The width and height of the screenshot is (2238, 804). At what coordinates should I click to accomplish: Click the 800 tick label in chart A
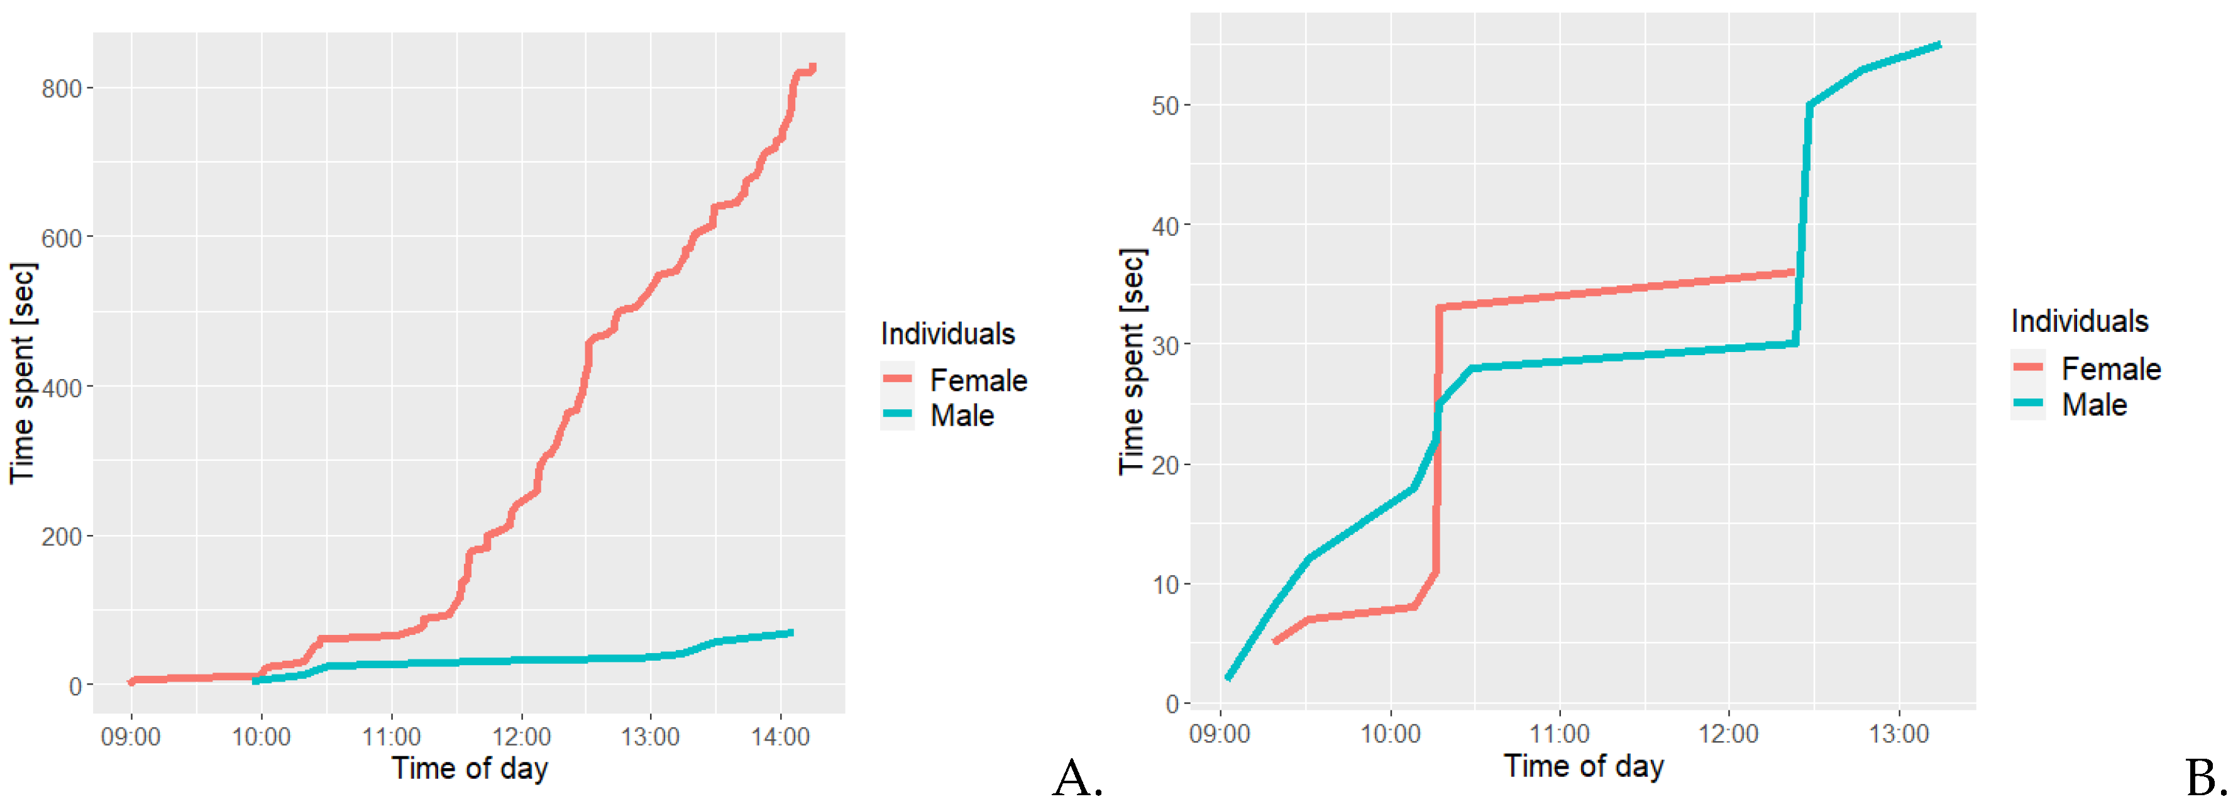coord(61,89)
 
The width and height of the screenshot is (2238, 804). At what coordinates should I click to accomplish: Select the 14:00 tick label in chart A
coord(780,737)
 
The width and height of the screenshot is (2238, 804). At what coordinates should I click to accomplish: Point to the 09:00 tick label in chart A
coord(130,737)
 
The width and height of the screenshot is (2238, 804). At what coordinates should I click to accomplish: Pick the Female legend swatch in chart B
coord(2028,368)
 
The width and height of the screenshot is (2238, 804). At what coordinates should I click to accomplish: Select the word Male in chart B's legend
coord(2094,405)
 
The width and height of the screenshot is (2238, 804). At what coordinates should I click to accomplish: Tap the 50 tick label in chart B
coord(1165,106)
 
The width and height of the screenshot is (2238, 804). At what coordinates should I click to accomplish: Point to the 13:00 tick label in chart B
coord(1899,734)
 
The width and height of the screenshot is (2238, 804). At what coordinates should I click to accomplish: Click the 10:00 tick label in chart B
coord(1390,734)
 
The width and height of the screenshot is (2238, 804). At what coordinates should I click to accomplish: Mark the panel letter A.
coord(1078,778)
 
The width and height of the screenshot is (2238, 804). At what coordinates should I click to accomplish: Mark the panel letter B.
coord(2207,778)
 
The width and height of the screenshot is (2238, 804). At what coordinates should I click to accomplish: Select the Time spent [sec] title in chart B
coord(1132,361)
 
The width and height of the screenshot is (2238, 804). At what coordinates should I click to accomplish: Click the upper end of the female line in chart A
coord(813,67)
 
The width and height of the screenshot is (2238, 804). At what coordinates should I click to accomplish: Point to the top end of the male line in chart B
coord(1939,45)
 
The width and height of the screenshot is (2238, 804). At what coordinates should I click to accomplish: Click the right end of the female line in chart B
coord(1792,273)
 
